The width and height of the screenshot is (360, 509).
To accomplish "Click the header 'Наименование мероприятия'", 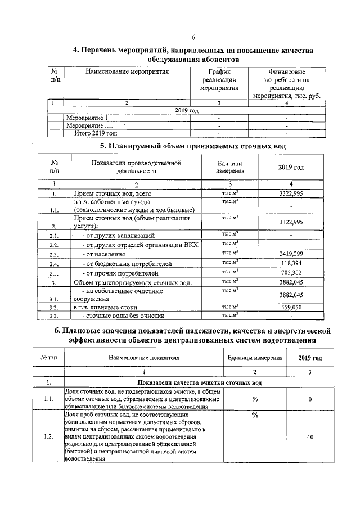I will pyautogui.click(x=127, y=72).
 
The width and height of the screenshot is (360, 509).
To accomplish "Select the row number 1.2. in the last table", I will pyautogui.click(x=48, y=436).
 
